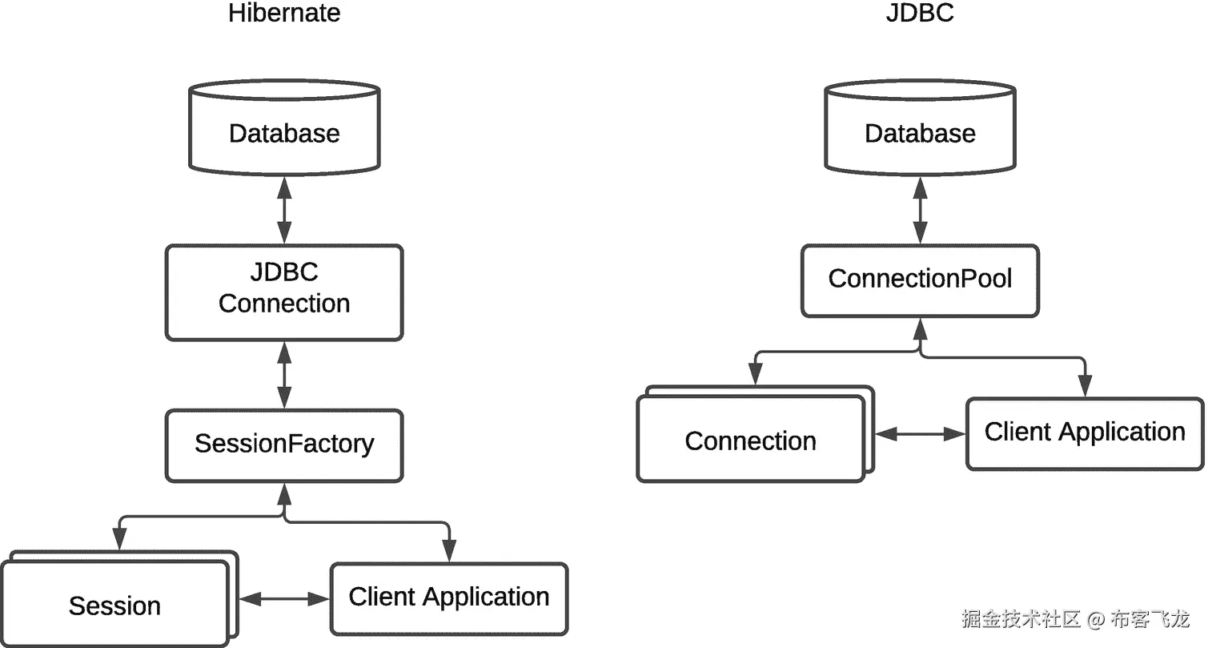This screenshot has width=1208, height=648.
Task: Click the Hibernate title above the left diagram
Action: click(x=284, y=14)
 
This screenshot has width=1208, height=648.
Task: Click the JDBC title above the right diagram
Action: click(x=920, y=14)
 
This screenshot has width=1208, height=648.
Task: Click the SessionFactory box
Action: click(x=284, y=445)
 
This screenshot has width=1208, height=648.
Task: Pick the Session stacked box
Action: click(x=114, y=605)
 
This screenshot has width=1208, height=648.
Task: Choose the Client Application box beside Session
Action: click(x=448, y=598)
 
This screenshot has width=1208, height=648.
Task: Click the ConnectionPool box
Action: click(x=920, y=280)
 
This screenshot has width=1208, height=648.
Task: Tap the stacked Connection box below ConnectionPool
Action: click(x=750, y=441)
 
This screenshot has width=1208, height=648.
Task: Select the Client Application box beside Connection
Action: click(x=1084, y=433)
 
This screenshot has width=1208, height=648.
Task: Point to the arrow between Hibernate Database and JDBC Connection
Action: click(x=284, y=210)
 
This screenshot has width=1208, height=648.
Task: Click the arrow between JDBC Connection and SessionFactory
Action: click(x=284, y=375)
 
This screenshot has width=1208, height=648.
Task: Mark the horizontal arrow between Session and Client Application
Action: click(x=284, y=598)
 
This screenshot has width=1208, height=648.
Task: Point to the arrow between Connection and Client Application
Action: click(x=920, y=434)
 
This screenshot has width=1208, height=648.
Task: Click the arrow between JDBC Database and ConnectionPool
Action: click(x=920, y=210)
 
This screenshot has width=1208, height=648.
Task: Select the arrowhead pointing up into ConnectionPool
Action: click(x=920, y=328)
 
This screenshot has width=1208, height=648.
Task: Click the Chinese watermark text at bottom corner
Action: click(x=1075, y=618)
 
